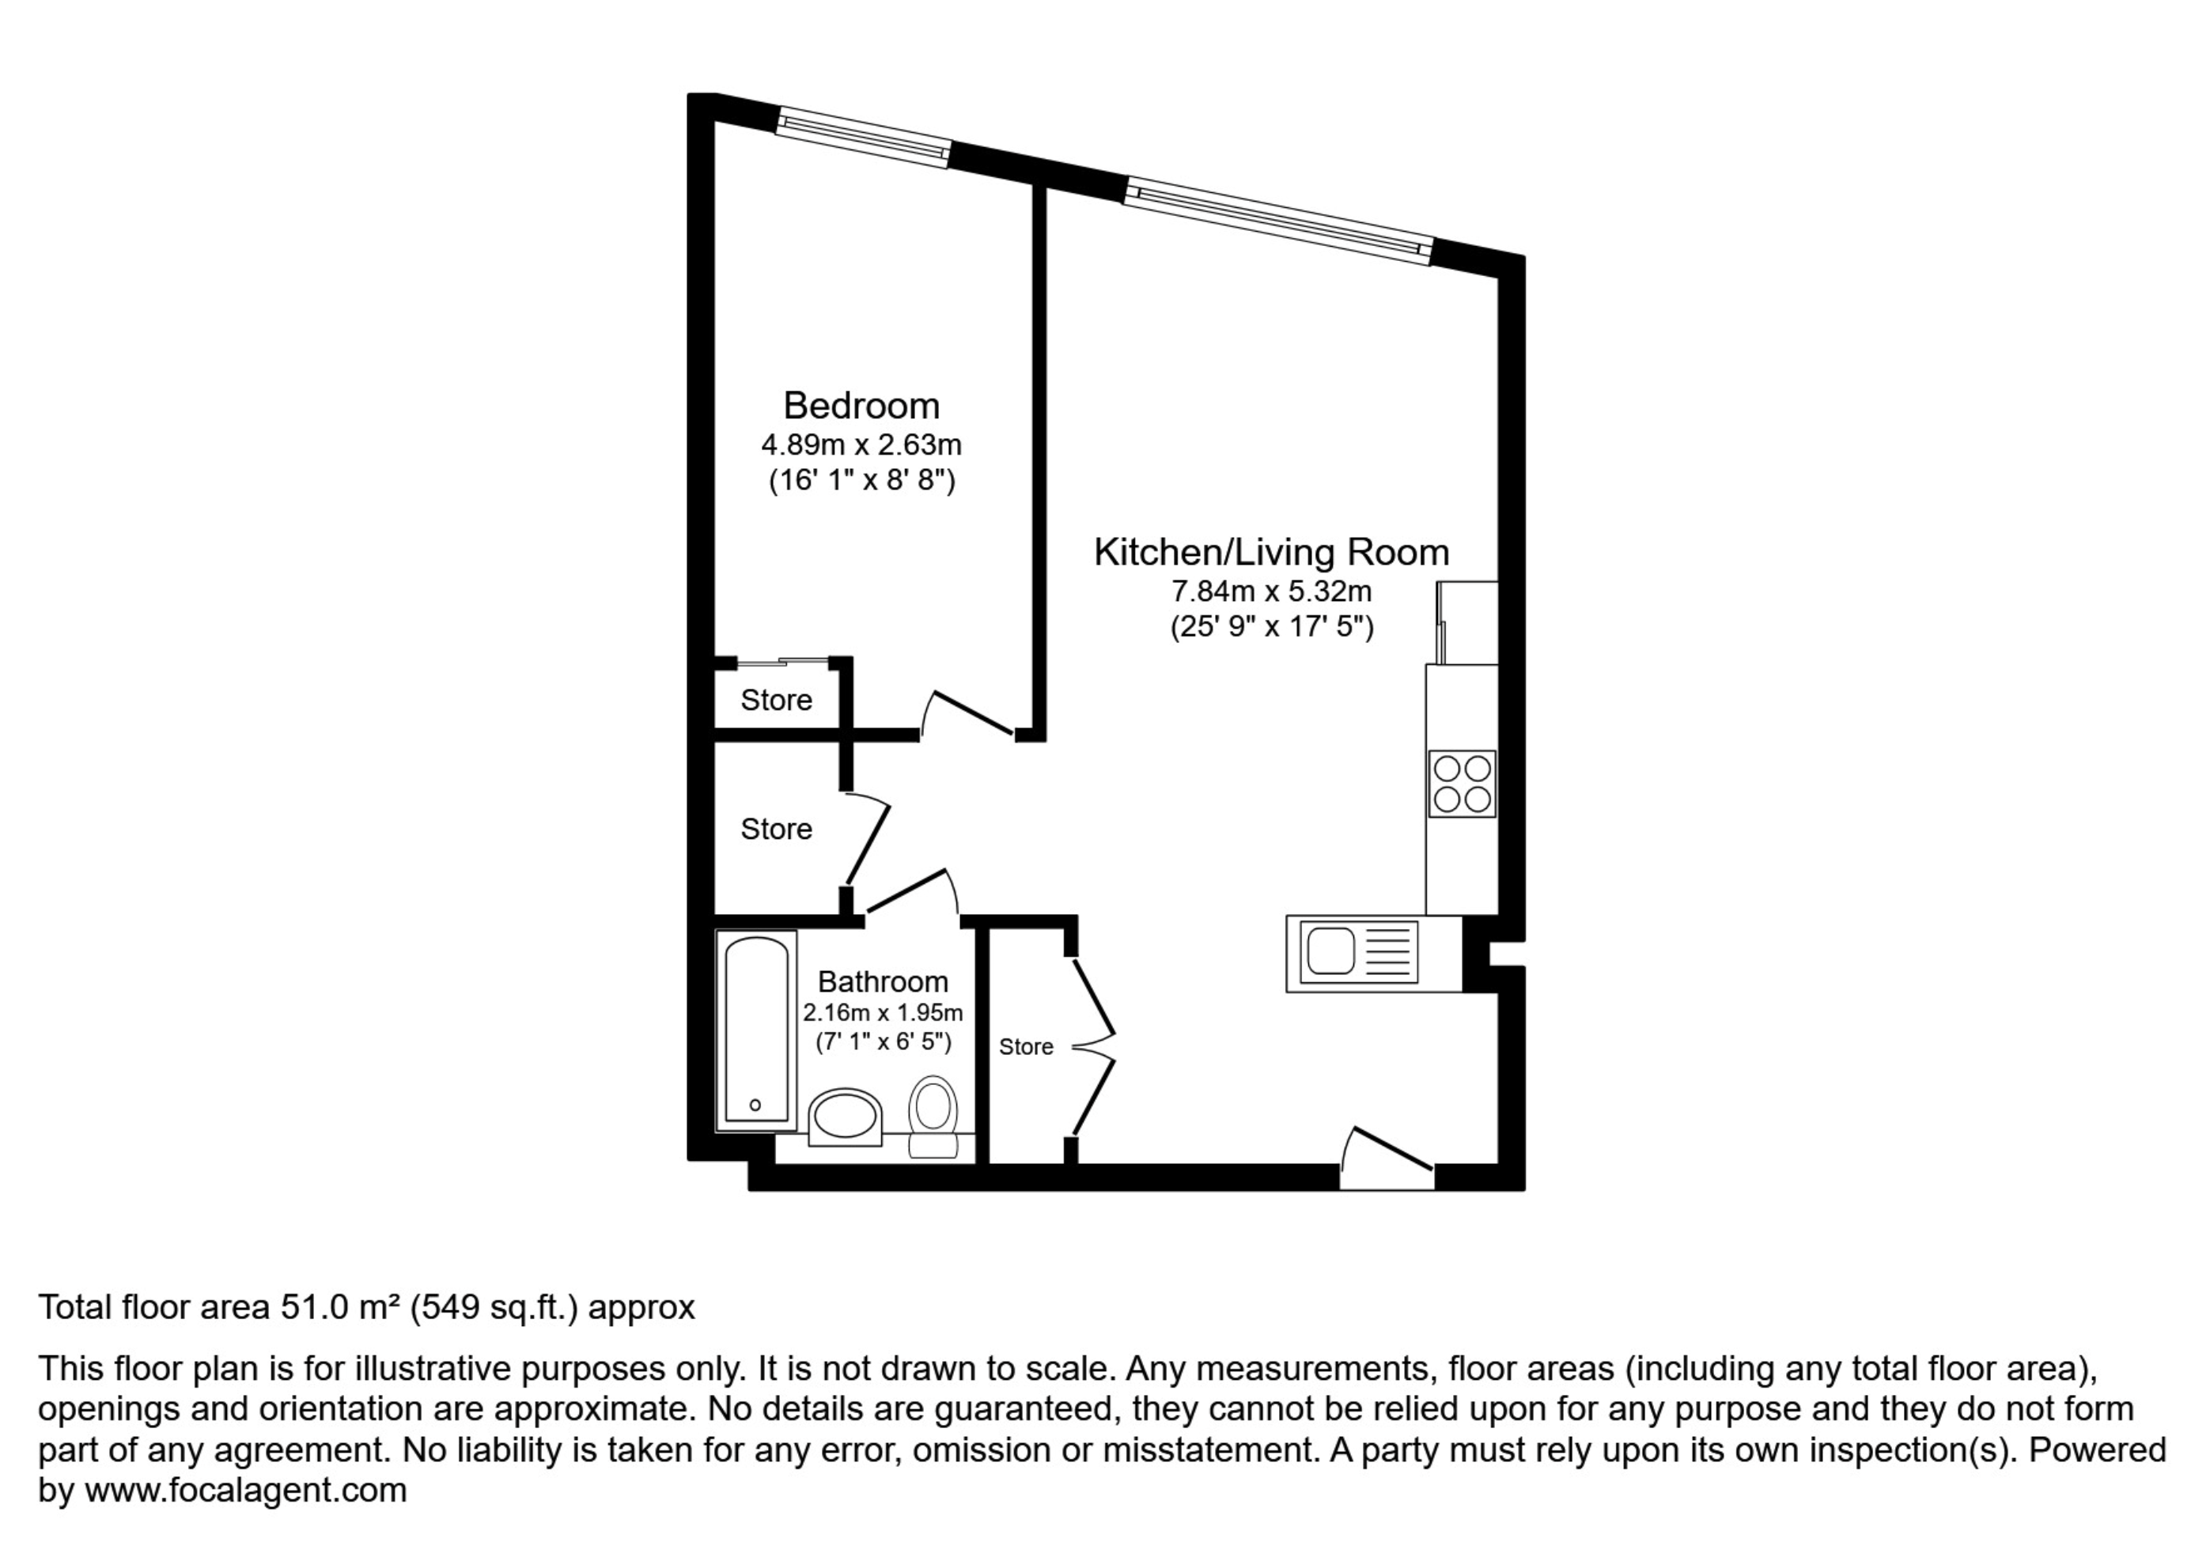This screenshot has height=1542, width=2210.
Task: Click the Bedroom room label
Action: tap(861, 406)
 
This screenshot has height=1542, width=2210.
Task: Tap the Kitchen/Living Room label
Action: tap(1272, 553)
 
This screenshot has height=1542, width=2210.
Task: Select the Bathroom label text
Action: tap(883, 982)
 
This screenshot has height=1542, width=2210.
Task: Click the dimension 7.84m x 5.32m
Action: tap(1272, 591)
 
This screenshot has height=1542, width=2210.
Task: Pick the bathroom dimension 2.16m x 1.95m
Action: tap(883, 1013)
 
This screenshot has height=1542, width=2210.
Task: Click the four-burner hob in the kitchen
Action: tap(1462, 784)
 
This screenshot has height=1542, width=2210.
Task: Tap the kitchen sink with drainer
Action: tap(1358, 952)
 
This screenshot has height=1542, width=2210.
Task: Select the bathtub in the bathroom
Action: tap(756, 1030)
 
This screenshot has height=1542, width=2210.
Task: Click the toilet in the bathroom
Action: tap(933, 1117)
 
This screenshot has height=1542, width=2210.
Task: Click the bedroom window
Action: tap(864, 138)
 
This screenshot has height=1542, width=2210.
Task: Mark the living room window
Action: tap(1278, 221)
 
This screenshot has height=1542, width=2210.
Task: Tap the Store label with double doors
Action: tap(1026, 1047)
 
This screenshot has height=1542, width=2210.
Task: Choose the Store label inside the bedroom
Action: tap(776, 701)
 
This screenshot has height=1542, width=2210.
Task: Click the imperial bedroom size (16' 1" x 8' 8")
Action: tap(861, 480)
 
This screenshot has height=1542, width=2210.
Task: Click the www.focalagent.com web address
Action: tap(245, 1491)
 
